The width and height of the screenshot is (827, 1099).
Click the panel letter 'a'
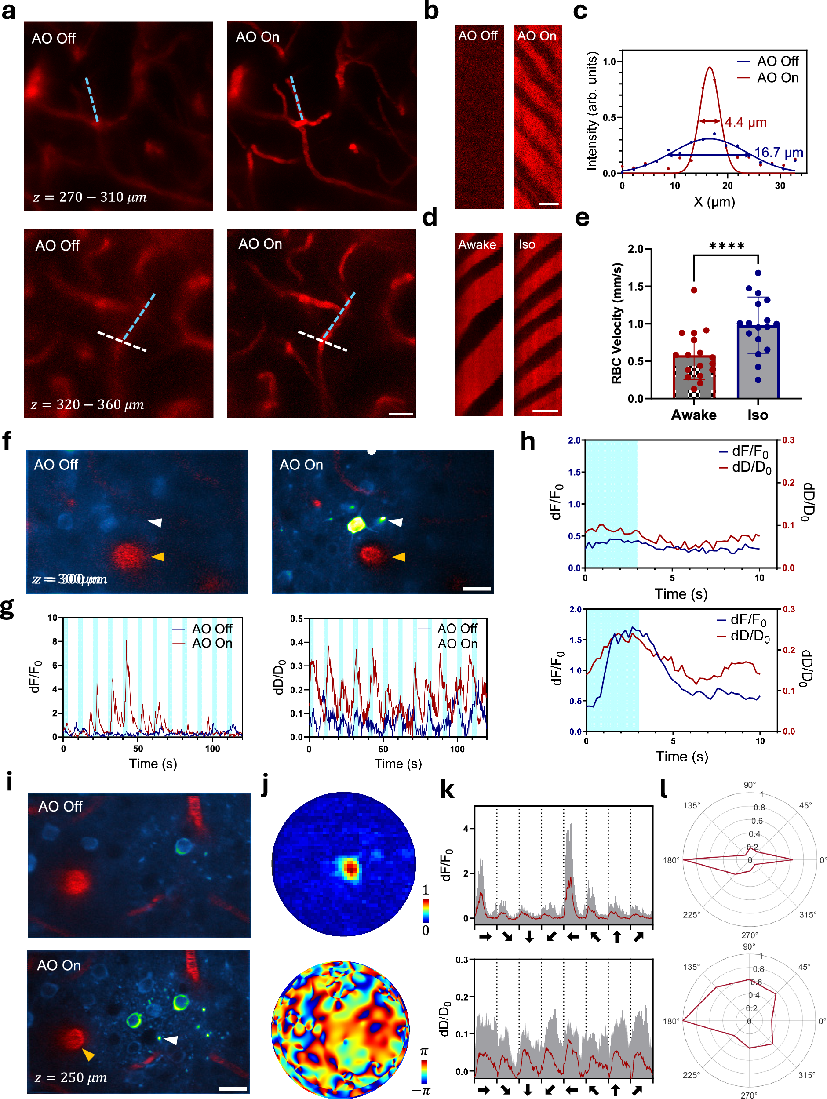point(8,11)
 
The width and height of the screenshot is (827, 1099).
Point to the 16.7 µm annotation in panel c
point(778,152)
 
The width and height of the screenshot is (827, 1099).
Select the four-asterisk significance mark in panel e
point(726,246)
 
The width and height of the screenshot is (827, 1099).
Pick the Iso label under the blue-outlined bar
point(758,415)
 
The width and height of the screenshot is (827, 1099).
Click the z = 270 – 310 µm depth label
point(90,197)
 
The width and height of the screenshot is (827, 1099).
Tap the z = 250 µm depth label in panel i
point(71,1077)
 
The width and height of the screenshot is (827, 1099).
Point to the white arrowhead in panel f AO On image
point(396,522)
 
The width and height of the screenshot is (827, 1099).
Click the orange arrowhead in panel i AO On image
point(88,1054)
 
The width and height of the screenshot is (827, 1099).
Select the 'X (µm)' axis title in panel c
point(714,201)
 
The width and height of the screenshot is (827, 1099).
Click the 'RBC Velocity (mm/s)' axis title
point(616,323)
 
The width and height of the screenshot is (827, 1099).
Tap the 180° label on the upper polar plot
point(670,860)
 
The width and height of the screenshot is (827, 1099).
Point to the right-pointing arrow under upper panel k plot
point(485,936)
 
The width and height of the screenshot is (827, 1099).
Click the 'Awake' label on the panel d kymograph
point(477,244)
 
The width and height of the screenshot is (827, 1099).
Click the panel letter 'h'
point(527,441)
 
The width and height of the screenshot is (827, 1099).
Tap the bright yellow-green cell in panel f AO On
point(356,524)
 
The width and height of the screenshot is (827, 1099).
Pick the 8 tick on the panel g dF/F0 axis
point(55,641)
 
